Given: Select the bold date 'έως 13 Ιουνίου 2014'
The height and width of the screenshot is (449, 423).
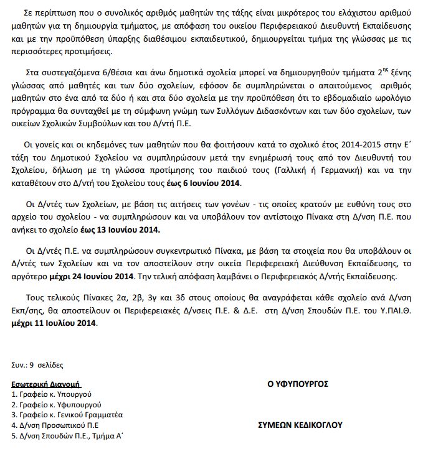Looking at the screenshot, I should coord(125,230).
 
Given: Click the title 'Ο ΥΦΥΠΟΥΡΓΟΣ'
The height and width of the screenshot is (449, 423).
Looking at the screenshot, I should coord(298,384).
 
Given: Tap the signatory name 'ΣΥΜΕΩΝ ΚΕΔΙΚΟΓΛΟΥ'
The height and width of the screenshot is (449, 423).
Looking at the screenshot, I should coord(300,425).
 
